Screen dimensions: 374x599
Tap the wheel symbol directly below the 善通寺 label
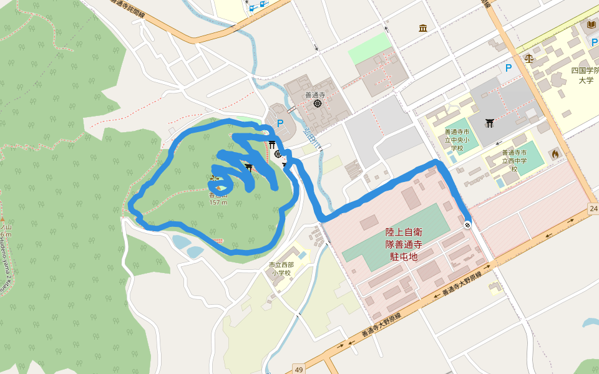point(317,103)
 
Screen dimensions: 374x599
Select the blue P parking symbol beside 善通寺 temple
point(280,123)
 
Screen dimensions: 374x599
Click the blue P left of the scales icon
point(509,68)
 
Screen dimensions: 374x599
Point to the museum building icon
point(424,28)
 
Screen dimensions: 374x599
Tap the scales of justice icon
point(529,59)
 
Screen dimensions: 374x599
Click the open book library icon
point(592,24)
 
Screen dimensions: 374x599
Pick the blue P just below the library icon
point(594,42)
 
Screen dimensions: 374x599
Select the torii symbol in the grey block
point(490,122)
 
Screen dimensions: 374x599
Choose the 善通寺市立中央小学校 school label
point(454,140)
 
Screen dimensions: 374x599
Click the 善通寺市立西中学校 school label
point(515,160)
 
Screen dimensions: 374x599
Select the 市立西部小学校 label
point(281,269)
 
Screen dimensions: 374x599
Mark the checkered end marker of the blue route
point(467,224)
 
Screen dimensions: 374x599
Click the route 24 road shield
point(593,208)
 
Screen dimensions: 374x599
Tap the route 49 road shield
point(299,370)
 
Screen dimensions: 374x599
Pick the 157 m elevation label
point(218,202)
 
